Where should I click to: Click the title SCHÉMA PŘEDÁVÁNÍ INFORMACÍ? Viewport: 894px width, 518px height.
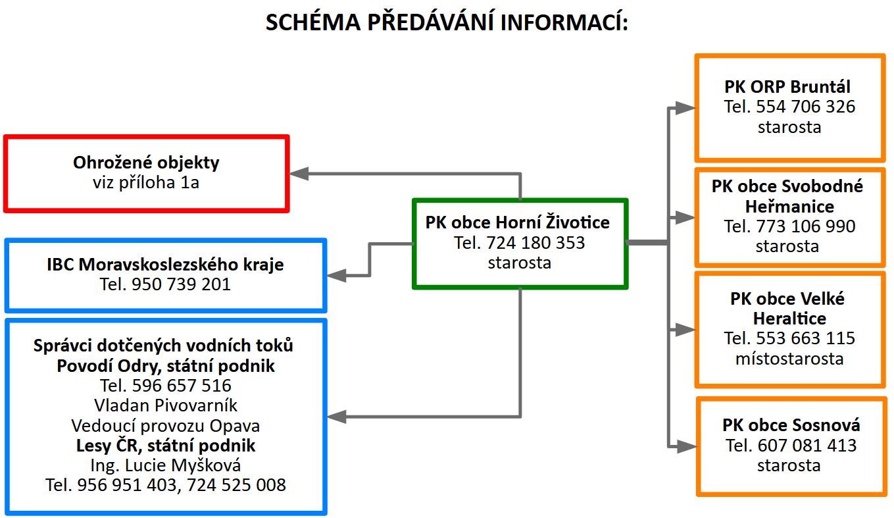(x=447, y=22)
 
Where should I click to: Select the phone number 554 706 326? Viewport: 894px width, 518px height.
(x=805, y=107)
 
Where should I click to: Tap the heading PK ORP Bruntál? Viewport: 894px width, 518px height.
(x=787, y=87)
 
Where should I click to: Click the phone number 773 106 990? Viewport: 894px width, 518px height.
(x=805, y=226)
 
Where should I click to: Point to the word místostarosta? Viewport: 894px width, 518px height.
(x=789, y=359)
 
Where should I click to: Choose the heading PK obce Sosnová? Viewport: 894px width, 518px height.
(x=791, y=425)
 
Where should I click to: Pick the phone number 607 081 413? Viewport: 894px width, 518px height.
(x=807, y=446)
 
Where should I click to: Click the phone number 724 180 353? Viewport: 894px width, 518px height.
(x=535, y=243)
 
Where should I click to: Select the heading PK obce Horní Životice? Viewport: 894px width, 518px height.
(x=517, y=222)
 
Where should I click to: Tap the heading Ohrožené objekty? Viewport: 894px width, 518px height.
(x=146, y=163)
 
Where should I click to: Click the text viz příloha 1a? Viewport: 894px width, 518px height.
(x=146, y=182)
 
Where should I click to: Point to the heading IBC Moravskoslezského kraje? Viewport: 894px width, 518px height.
(x=165, y=265)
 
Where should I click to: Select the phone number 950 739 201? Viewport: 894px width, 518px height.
(x=181, y=284)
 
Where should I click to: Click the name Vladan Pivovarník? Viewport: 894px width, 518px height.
(x=166, y=405)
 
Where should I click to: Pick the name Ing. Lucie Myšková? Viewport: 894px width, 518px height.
(x=166, y=465)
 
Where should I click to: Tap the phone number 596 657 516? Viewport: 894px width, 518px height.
(x=182, y=386)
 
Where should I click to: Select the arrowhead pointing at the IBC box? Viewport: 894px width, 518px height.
(x=336, y=276)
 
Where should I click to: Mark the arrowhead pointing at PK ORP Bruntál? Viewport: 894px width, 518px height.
(x=685, y=108)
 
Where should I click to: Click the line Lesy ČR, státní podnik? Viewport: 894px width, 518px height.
(x=166, y=446)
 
